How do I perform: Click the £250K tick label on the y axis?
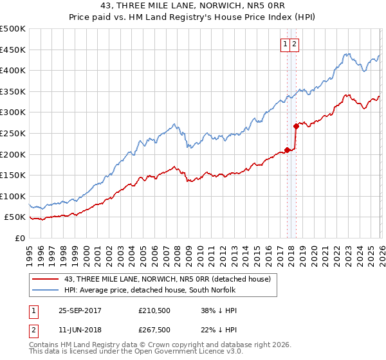(13, 133)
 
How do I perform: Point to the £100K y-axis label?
(13, 196)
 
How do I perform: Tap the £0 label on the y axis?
(20, 238)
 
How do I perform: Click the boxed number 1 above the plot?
(284, 44)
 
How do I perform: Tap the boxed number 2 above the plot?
(294, 44)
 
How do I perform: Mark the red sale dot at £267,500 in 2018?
(295, 126)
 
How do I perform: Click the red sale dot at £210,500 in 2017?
(287, 150)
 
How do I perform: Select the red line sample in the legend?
(46, 278)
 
